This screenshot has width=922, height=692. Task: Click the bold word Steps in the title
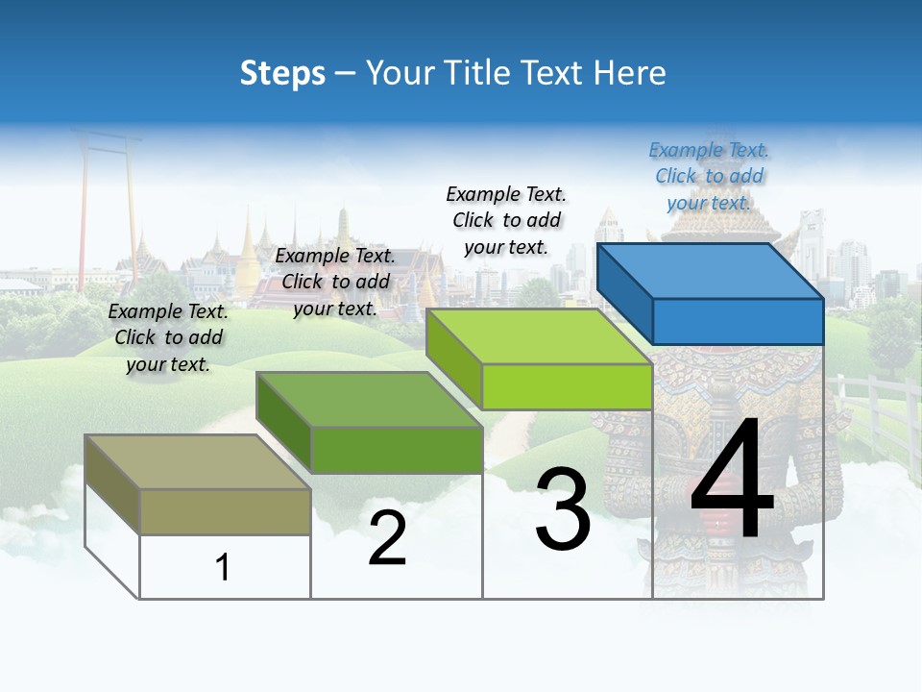(282, 73)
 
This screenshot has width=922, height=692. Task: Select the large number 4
(732, 482)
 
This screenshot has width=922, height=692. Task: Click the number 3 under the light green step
(563, 509)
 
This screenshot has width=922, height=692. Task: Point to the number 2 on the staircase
(387, 538)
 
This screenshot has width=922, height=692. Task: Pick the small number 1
(223, 568)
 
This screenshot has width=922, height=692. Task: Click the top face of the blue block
(709, 271)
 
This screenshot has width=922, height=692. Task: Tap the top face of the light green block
(539, 336)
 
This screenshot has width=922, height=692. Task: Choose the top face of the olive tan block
(197, 462)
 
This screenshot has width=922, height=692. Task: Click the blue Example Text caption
(709, 177)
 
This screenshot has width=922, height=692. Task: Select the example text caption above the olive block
(168, 337)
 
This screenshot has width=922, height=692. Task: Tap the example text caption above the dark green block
(335, 283)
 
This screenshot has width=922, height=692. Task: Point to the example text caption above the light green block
(506, 220)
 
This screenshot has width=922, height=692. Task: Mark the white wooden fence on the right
(879, 413)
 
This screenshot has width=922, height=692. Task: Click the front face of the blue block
(738, 321)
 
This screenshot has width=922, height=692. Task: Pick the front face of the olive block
(225, 511)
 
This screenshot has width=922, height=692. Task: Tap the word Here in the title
(630, 73)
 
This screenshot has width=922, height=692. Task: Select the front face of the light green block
(567, 386)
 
